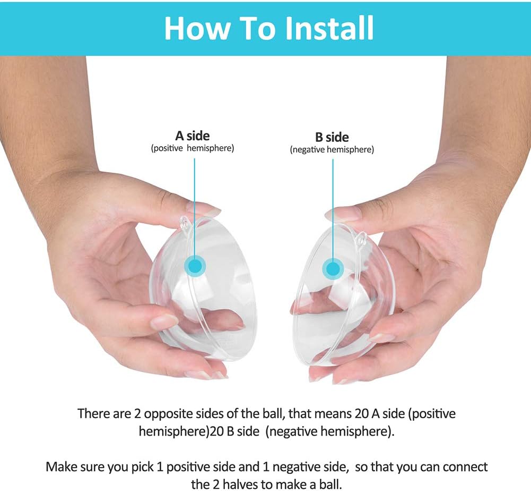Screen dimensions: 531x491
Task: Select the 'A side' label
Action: [193, 136]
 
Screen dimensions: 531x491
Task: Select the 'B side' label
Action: [332, 137]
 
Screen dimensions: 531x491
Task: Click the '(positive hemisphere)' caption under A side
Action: [193, 148]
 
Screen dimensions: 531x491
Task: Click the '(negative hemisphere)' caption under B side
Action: [332, 150]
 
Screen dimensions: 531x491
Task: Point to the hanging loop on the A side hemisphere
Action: [185, 223]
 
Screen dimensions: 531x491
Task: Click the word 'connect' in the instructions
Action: [466, 467]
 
